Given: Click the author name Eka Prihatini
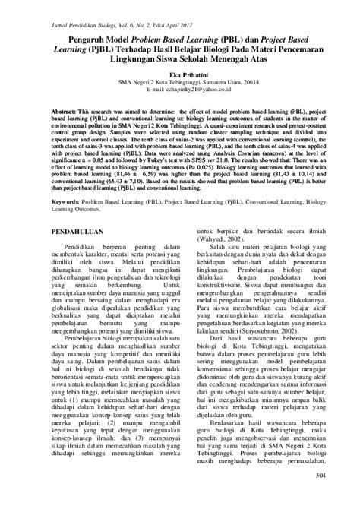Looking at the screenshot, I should (179, 76).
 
